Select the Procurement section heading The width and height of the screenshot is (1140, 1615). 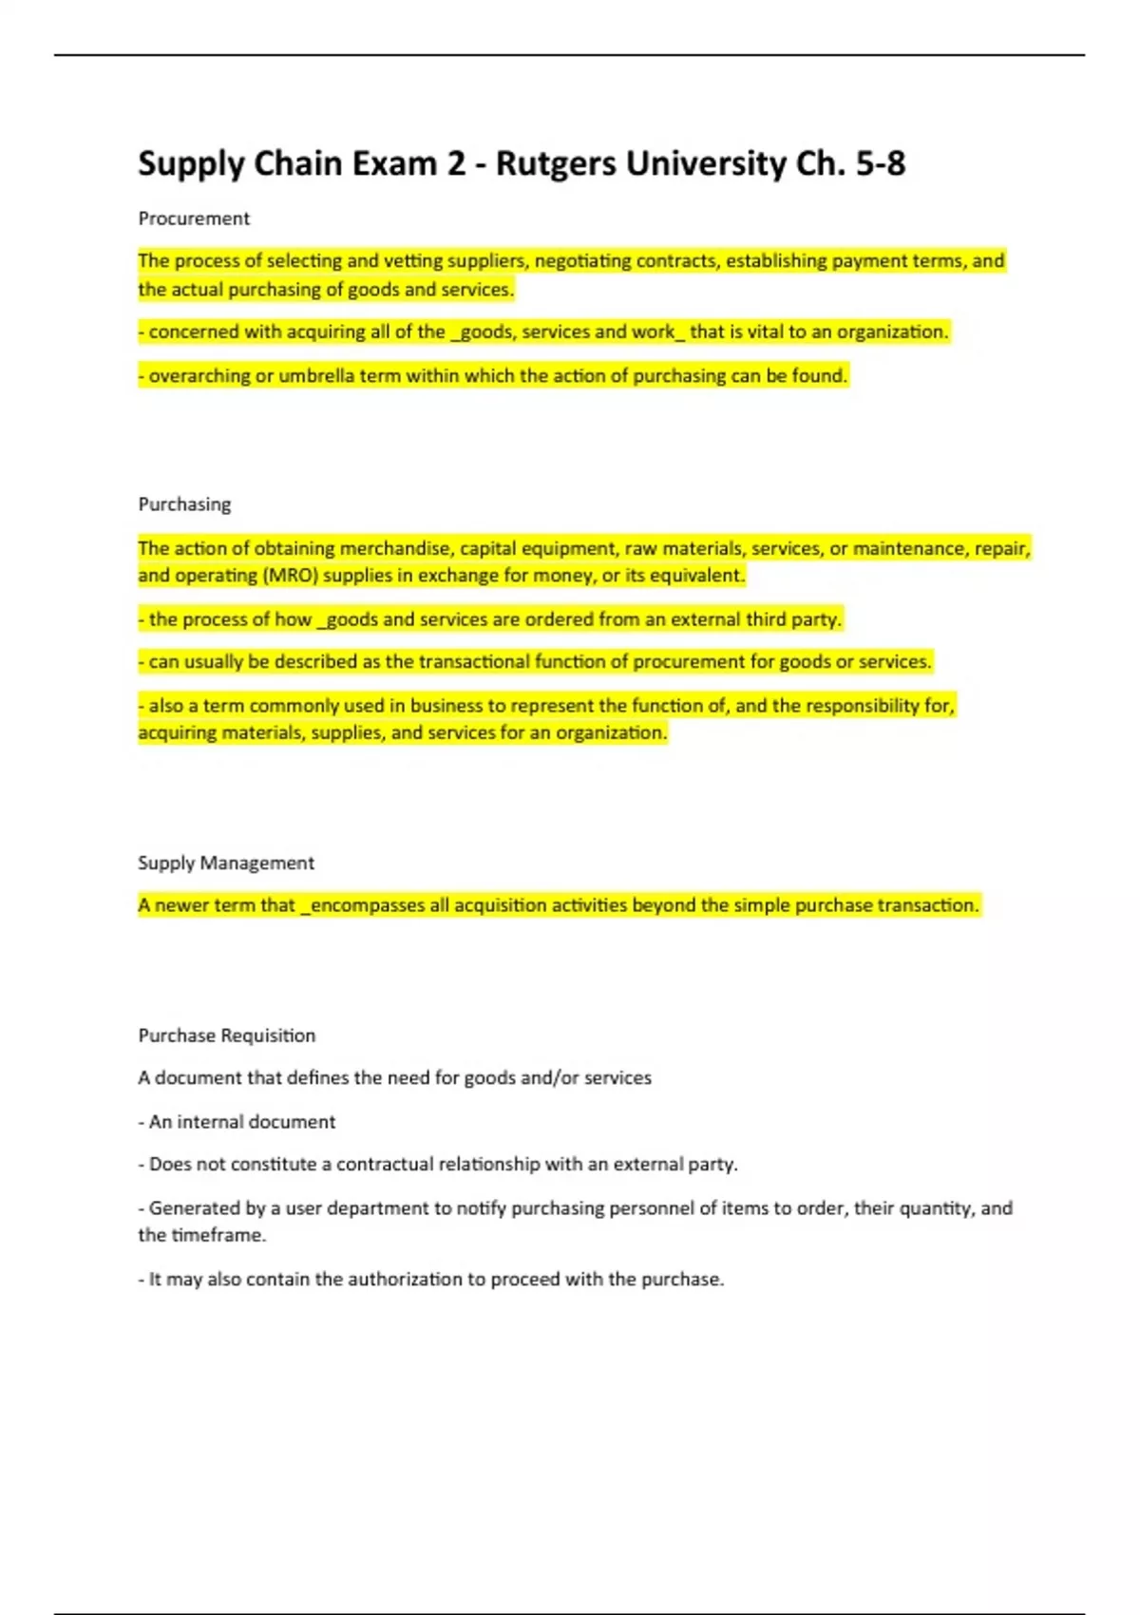tap(194, 218)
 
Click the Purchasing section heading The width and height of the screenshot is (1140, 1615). tap(184, 504)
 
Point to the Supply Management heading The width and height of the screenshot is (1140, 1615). tap(225, 863)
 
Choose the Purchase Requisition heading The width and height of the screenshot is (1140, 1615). tap(226, 1035)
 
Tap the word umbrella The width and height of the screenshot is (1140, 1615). tap(316, 376)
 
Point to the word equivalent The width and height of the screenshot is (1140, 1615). tap(698, 576)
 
